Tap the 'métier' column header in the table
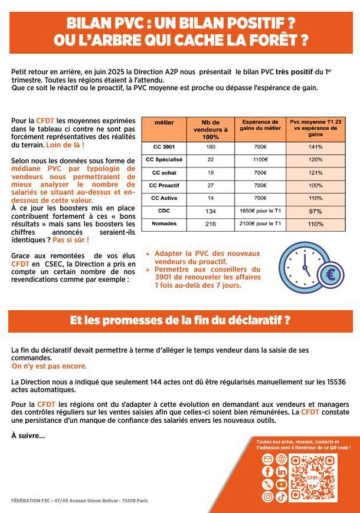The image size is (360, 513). (163, 123)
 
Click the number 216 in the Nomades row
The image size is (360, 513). (211, 225)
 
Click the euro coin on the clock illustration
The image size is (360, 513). (330, 274)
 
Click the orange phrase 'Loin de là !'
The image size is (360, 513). (65, 145)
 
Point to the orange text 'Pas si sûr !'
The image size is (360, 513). (70, 240)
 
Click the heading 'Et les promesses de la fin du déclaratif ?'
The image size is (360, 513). (180, 321)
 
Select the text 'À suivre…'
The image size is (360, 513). (28, 436)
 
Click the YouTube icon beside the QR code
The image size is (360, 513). (281, 484)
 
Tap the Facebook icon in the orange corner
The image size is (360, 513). (267, 472)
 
